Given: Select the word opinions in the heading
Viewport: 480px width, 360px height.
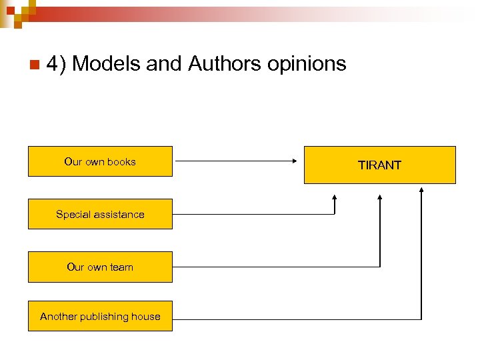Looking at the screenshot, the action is coord(307,65).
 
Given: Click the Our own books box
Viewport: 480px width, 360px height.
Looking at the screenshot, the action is coord(100,161).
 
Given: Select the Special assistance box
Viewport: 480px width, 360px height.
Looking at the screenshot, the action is coord(100,214).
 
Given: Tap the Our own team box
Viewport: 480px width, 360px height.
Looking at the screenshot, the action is coord(100,267).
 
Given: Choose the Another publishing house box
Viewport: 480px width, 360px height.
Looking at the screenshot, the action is coord(100,317).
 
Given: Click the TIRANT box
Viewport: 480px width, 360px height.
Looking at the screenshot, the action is coord(380,165).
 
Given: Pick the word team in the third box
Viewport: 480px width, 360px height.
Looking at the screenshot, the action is coord(121,267).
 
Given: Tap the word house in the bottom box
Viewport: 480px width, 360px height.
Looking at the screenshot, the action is coord(146,317).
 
